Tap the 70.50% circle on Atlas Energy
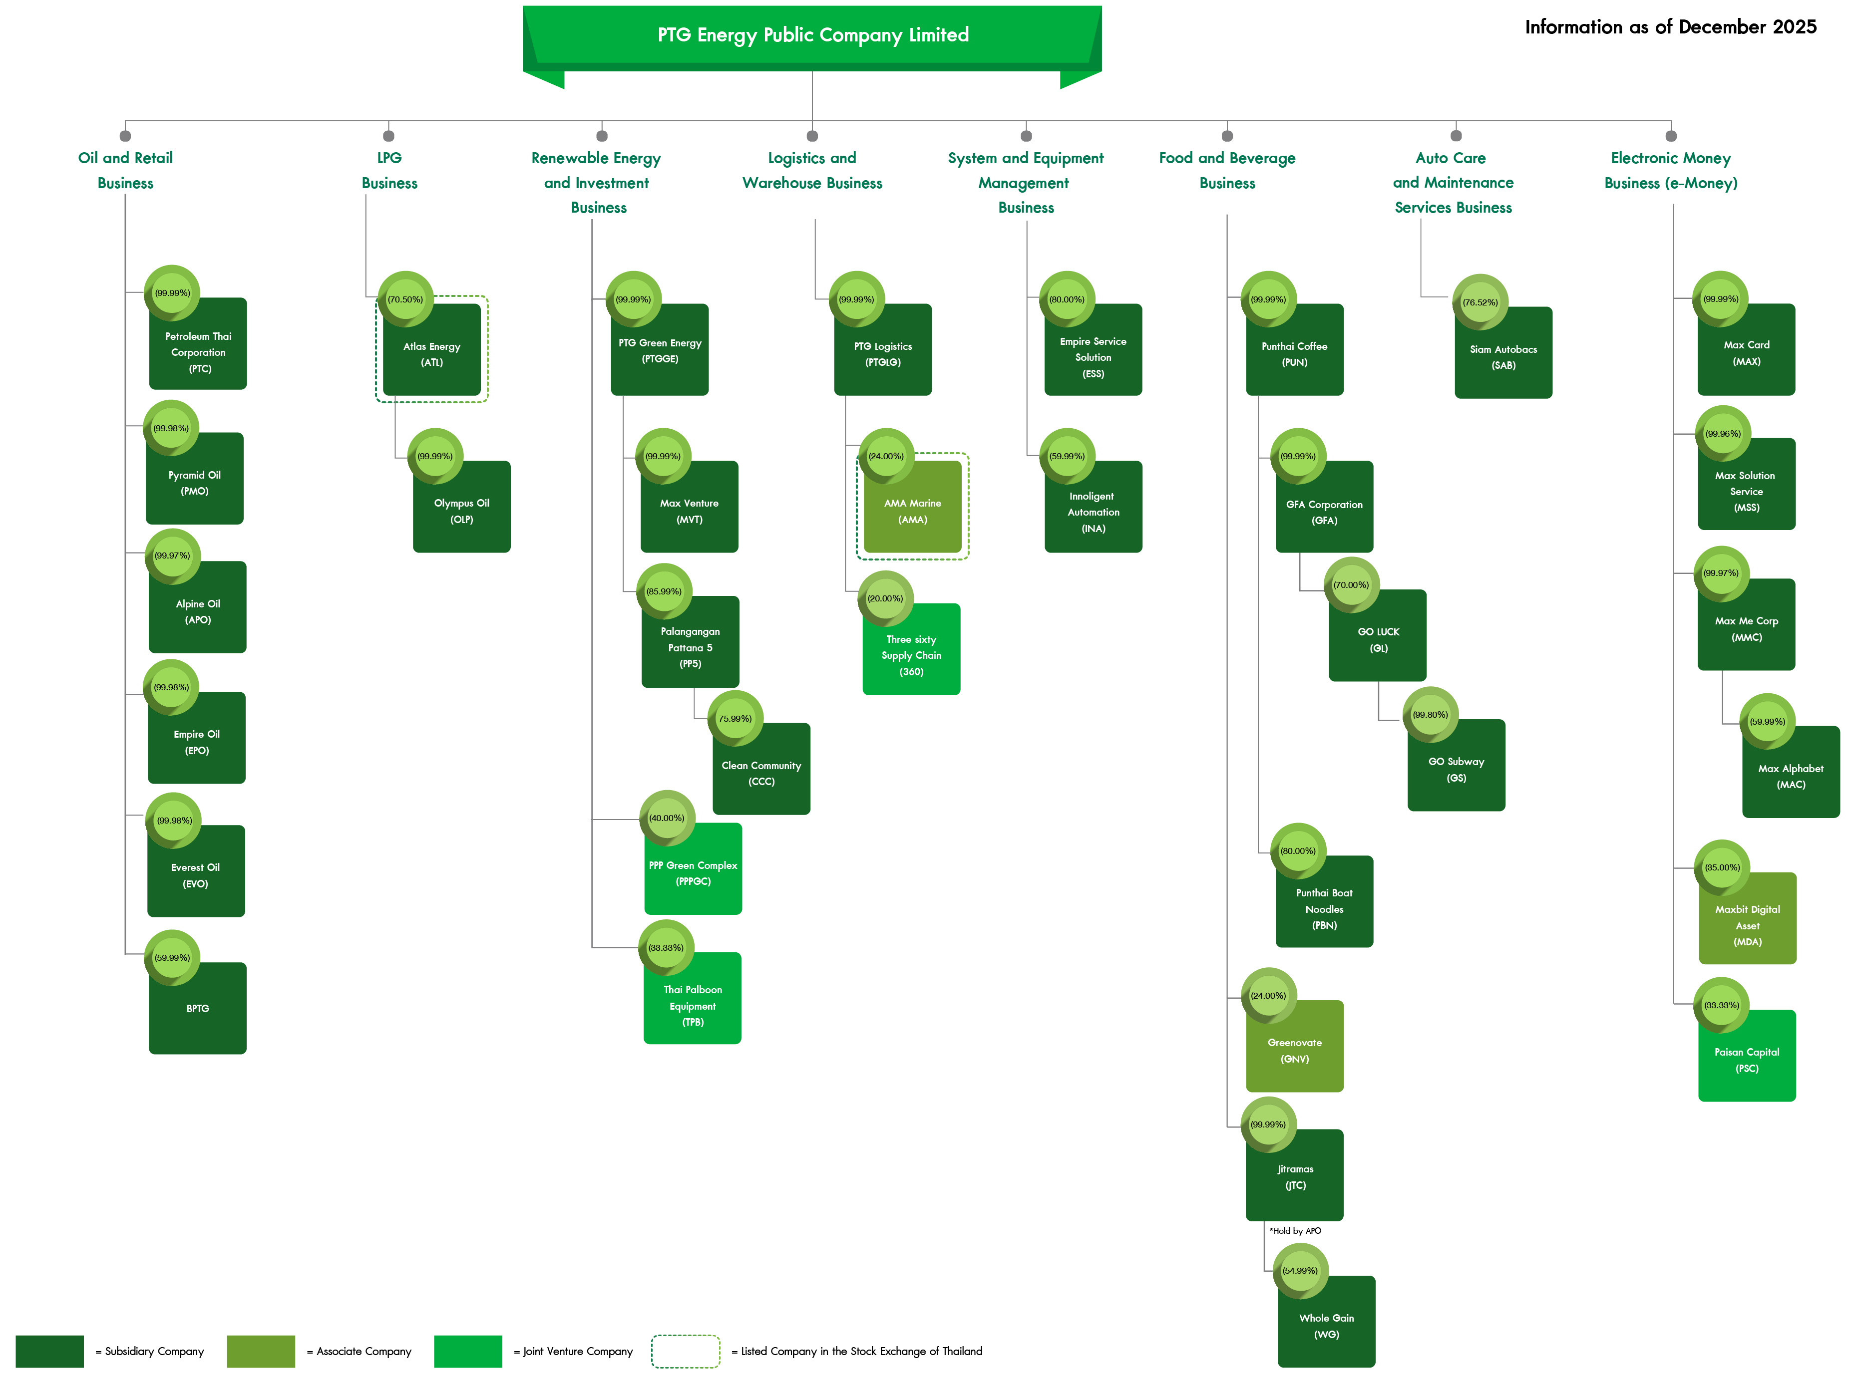405,299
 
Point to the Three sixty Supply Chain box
911,655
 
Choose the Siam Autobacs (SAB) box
1503,357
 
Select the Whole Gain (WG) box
1326,1326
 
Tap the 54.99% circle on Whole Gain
1299,1270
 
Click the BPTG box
197,1008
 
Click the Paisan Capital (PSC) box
1747,1060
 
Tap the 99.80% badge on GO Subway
1430,715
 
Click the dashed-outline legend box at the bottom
686,1351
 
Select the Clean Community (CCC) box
761,773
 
